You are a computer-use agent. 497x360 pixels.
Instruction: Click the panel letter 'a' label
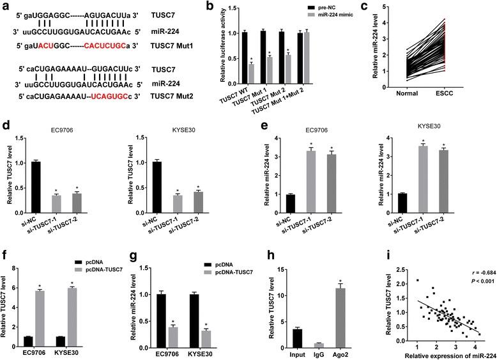click(x=6, y=6)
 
